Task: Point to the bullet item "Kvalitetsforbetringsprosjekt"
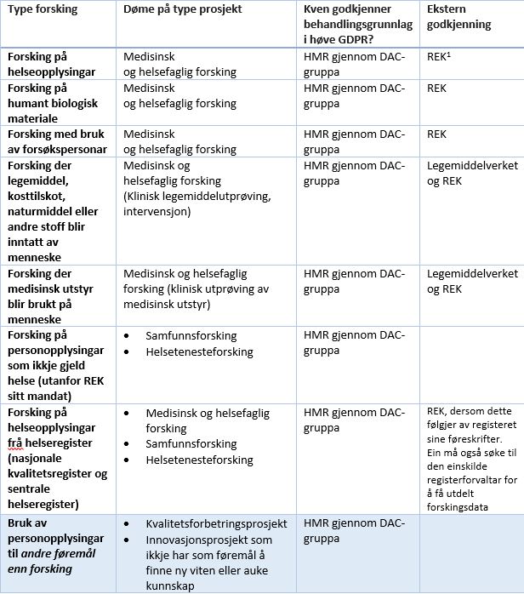(216, 523)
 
